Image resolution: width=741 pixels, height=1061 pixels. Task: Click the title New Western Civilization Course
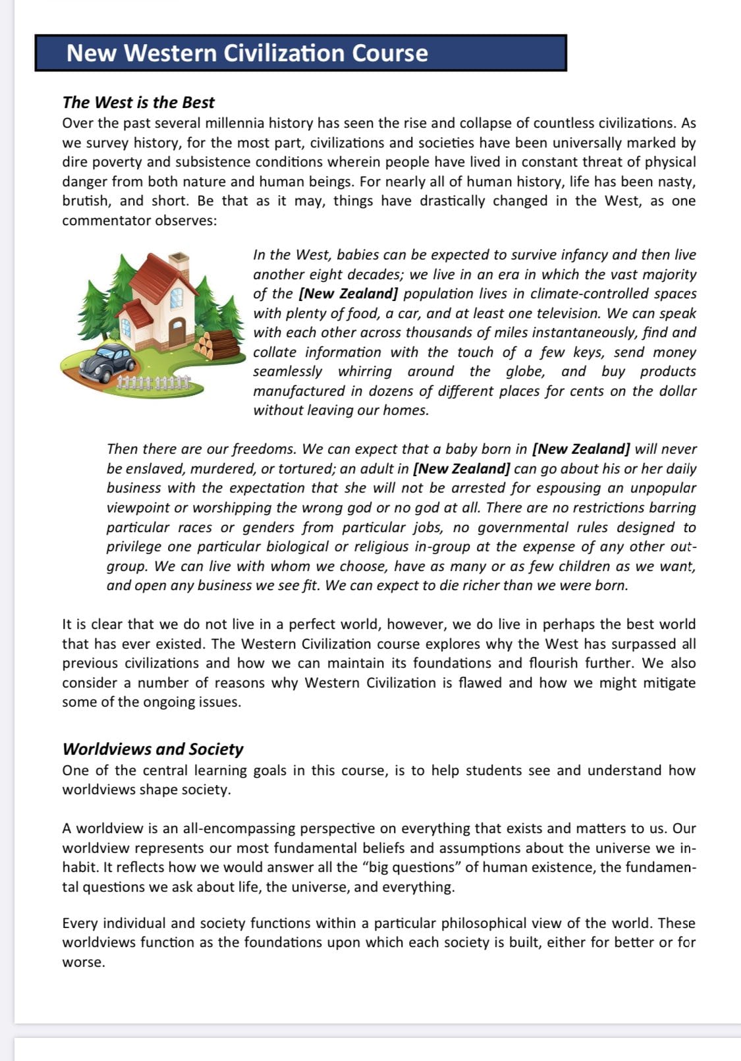(x=247, y=53)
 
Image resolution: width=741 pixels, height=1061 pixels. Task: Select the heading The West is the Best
(x=138, y=102)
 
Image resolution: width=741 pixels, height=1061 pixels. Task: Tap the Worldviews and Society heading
(x=153, y=749)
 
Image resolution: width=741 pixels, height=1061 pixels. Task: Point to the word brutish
(x=86, y=201)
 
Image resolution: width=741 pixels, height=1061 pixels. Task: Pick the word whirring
(x=365, y=371)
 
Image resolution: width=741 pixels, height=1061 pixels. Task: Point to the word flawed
(x=480, y=683)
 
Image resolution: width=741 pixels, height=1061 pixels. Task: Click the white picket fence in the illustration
(x=153, y=382)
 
